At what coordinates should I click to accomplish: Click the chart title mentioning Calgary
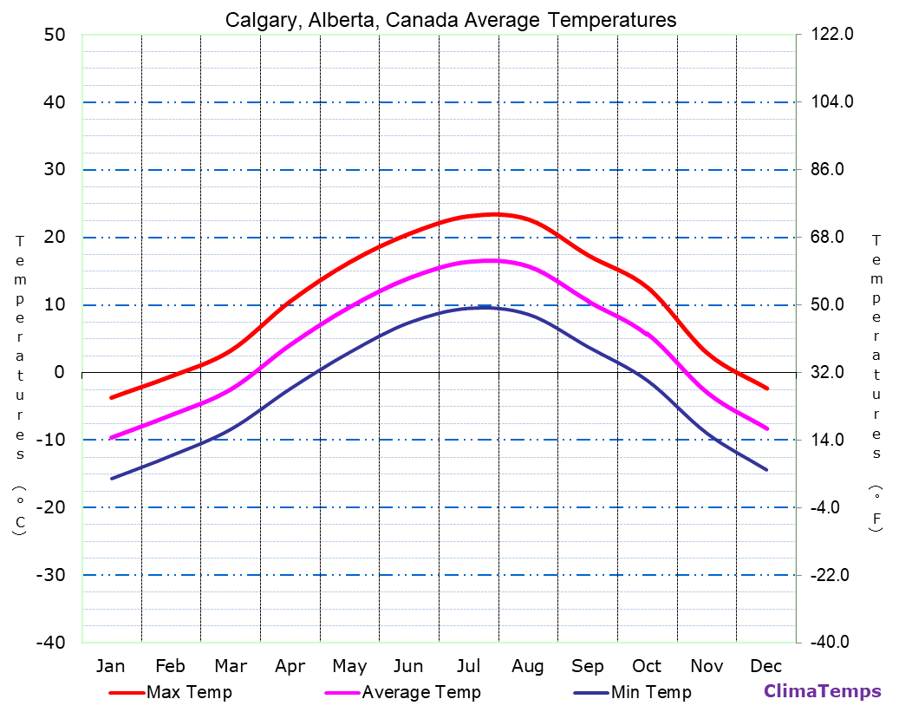click(x=451, y=20)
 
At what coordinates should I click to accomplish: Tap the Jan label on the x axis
click(x=111, y=666)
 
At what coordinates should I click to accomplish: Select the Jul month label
click(x=468, y=666)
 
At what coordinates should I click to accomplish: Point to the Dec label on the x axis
click(x=766, y=666)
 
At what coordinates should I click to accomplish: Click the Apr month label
click(x=290, y=666)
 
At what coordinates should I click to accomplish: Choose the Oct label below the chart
click(x=647, y=666)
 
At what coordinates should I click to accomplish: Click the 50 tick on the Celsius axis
click(x=55, y=35)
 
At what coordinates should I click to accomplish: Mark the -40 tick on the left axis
click(x=50, y=643)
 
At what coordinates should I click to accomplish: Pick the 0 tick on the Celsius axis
click(x=60, y=372)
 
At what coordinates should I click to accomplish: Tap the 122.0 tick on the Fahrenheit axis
click(x=832, y=35)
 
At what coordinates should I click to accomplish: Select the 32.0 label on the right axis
click(x=832, y=372)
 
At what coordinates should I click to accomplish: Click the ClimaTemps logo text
click(x=822, y=691)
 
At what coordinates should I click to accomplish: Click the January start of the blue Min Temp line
click(x=112, y=478)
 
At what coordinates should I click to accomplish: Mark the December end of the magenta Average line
click(x=767, y=428)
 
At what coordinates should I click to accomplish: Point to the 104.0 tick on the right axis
click(x=832, y=102)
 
